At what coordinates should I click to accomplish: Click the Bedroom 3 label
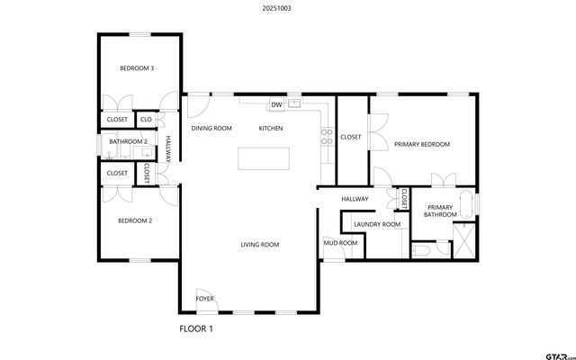138,68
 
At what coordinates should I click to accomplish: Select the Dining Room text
211,129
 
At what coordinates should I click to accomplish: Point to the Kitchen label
271,129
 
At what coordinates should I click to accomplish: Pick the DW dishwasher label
277,105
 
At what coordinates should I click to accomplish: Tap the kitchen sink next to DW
293,105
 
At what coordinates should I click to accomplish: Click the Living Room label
259,245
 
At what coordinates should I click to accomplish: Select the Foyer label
205,298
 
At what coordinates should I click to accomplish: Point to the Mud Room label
340,243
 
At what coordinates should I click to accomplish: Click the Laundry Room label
377,224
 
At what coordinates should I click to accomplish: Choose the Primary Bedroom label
422,144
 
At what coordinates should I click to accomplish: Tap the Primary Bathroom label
441,211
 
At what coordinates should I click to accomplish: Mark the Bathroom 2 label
128,141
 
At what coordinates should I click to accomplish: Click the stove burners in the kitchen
327,137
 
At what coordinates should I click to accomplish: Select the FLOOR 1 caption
196,329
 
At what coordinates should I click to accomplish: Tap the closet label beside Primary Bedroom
351,138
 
